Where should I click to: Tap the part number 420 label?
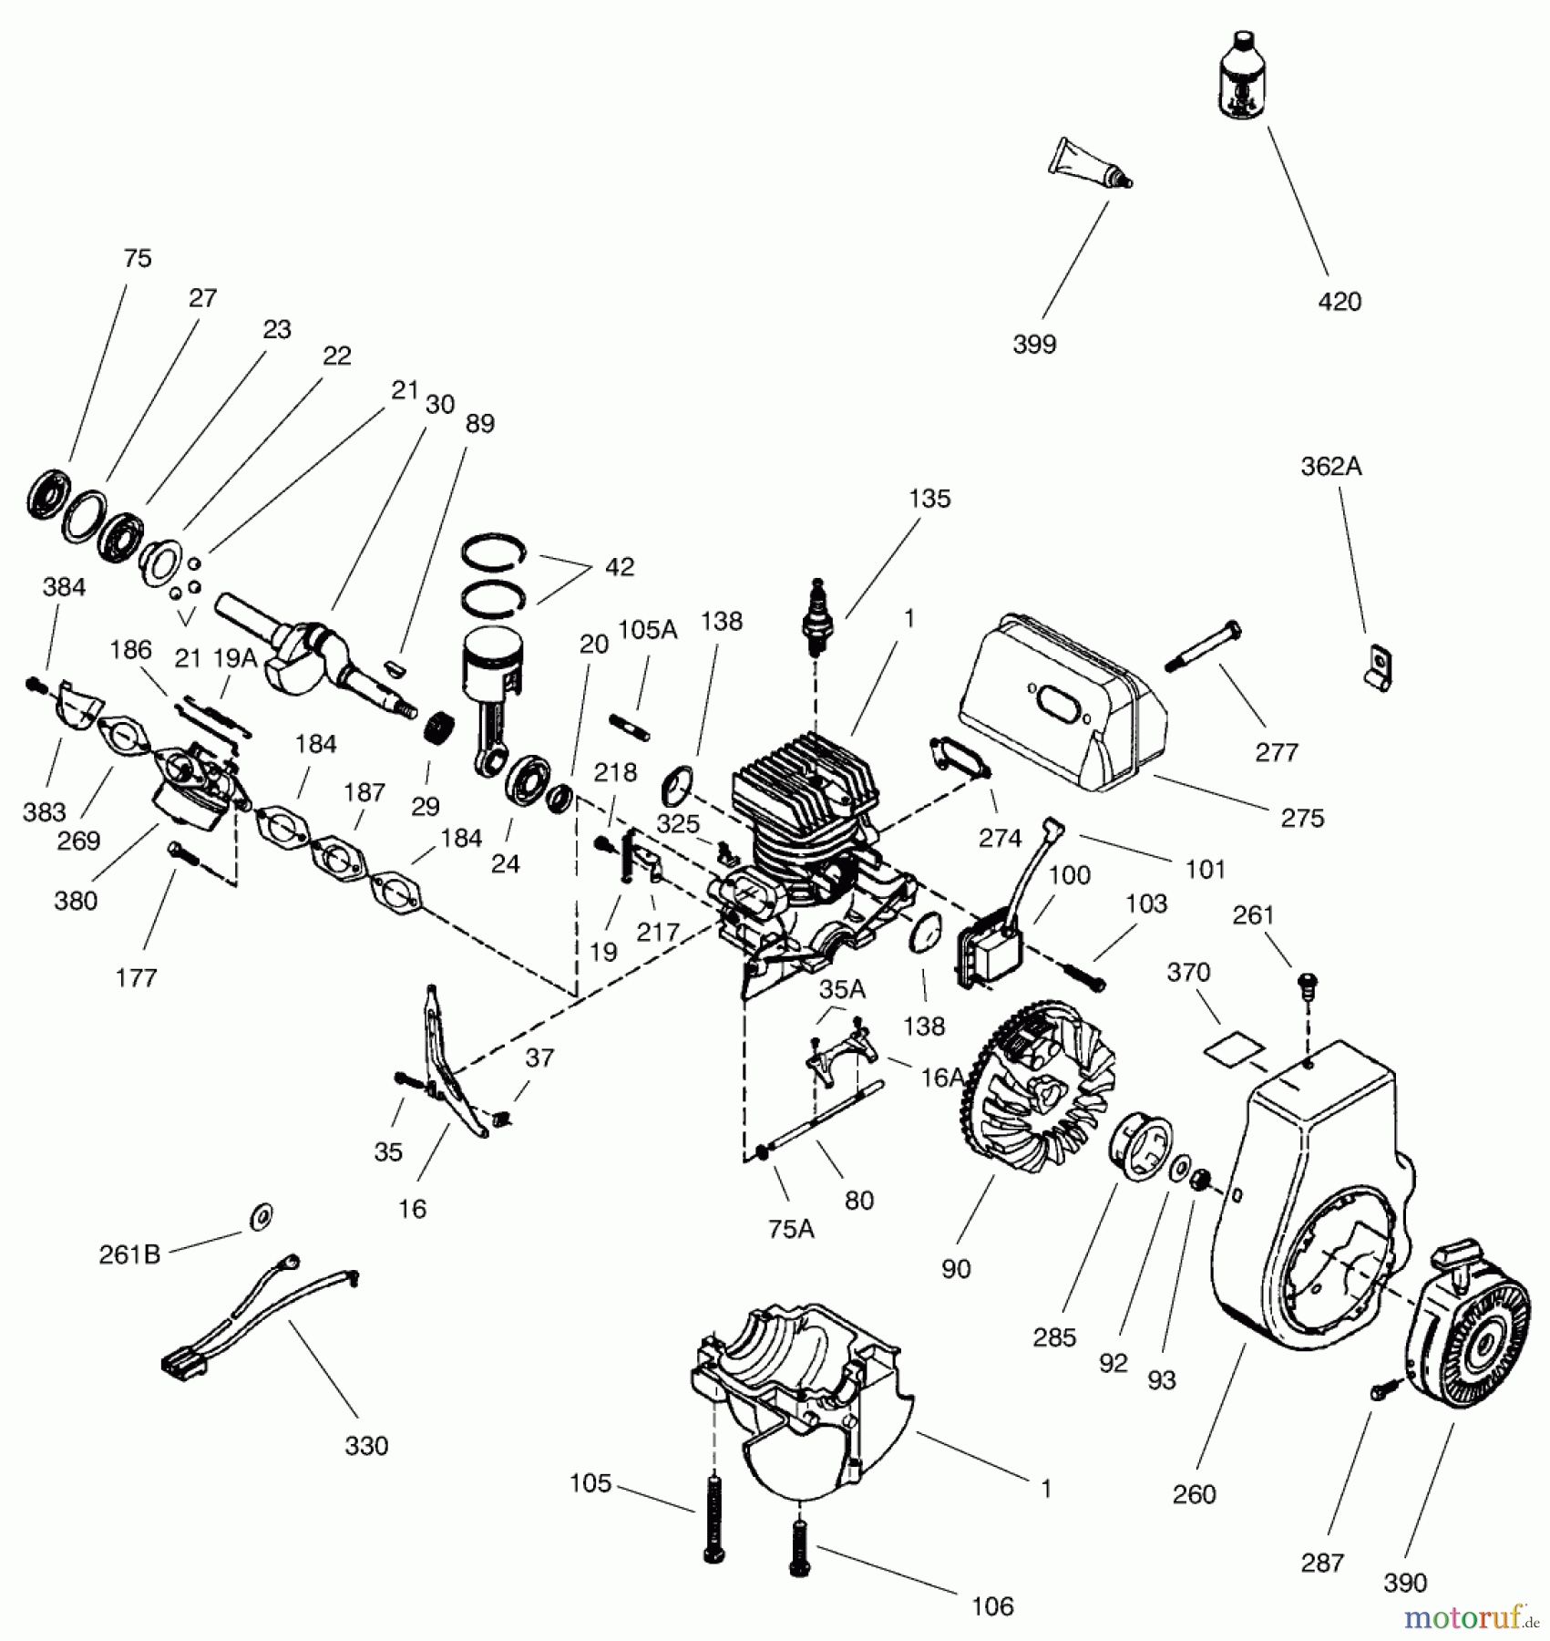click(1340, 302)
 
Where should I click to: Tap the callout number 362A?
click(1330, 467)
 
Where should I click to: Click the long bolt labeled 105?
click(713, 1518)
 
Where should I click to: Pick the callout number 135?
click(929, 499)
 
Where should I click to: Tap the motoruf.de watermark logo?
click(1471, 1618)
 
